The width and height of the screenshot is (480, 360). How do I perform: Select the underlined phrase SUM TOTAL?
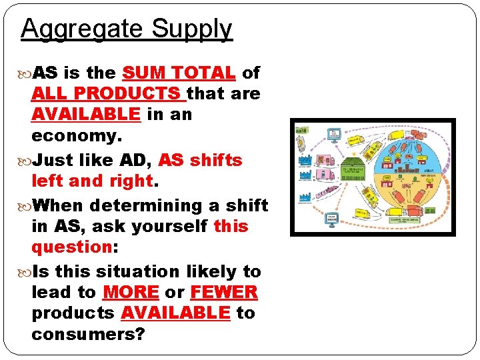[x=179, y=73]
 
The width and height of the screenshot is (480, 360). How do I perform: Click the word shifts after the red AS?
[x=216, y=161]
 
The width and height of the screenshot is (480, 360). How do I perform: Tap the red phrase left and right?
[x=92, y=181]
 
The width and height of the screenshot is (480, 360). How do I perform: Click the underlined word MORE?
[x=131, y=292]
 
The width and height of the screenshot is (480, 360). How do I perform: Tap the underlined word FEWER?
[x=224, y=292]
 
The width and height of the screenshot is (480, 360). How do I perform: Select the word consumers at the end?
[x=87, y=333]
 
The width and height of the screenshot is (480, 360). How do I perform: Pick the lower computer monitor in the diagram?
[x=331, y=219]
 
